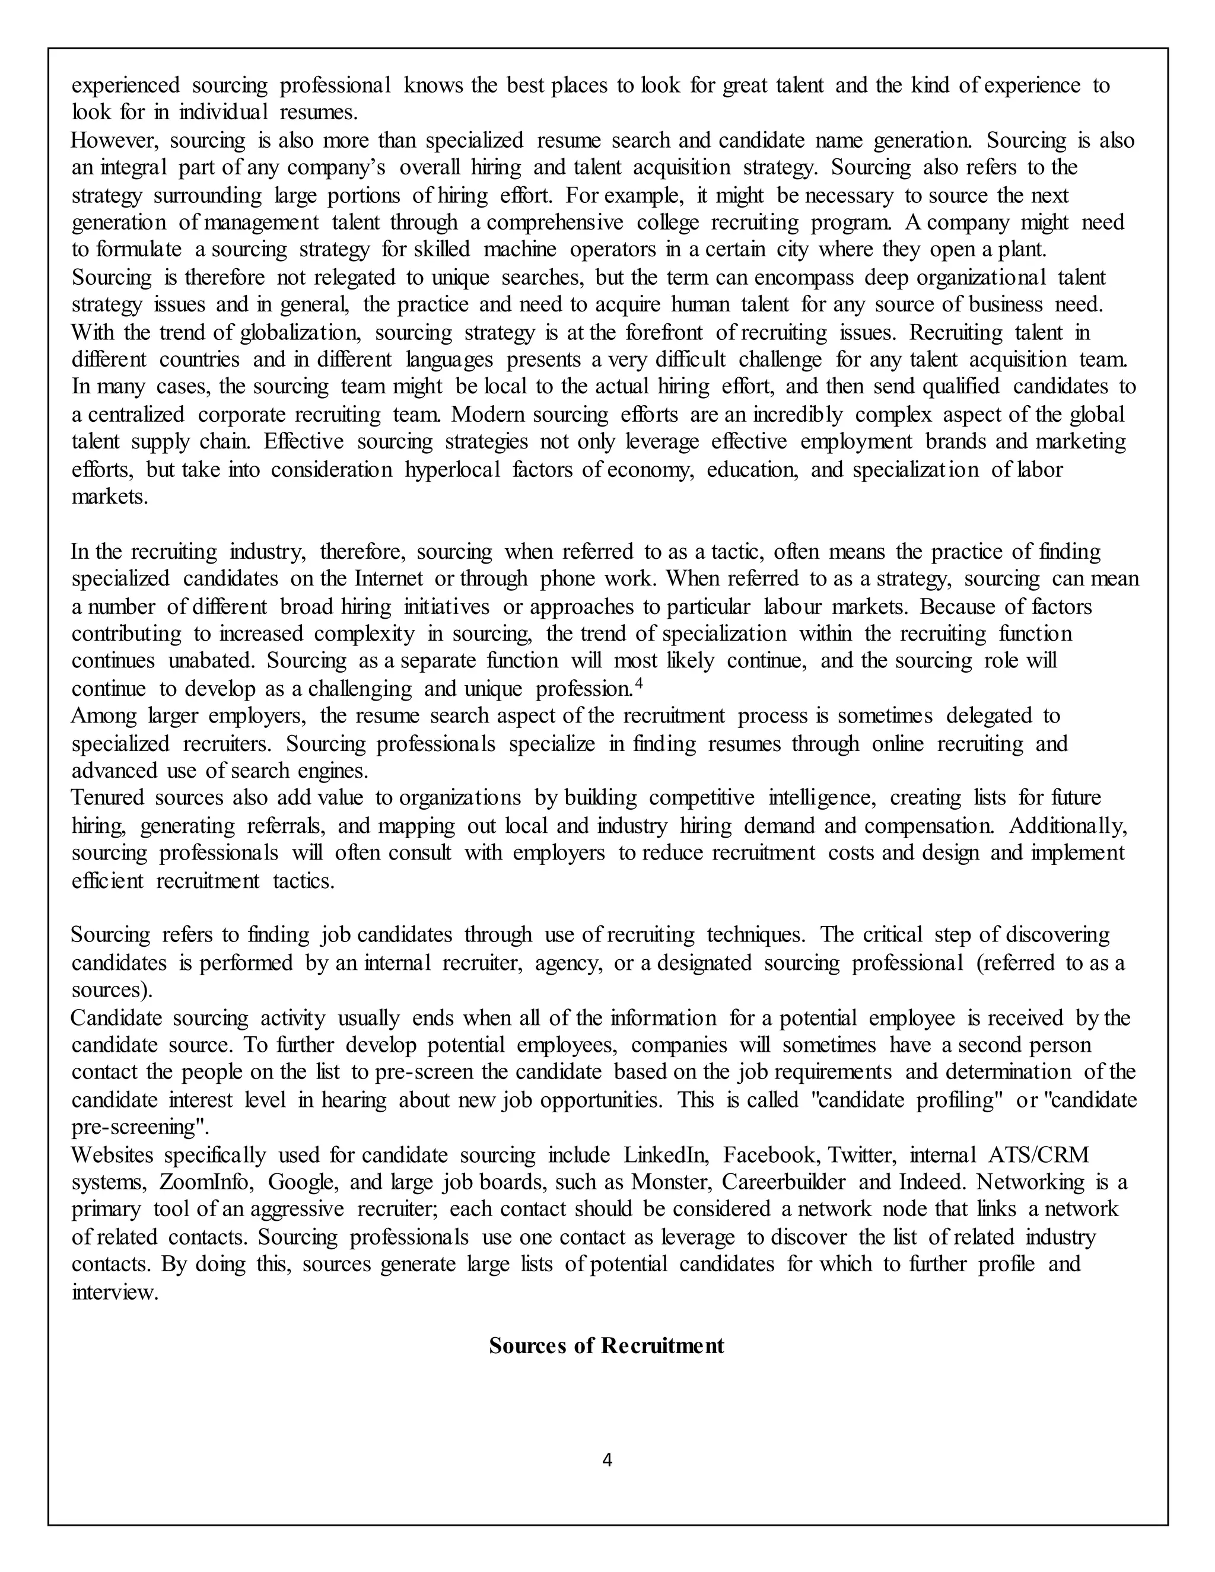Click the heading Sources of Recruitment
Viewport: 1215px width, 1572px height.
click(606, 1345)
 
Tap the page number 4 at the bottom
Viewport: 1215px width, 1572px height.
click(607, 1460)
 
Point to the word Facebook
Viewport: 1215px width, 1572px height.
click(769, 1155)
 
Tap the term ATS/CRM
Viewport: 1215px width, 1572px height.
click(1038, 1155)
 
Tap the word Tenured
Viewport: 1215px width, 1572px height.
click(107, 797)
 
